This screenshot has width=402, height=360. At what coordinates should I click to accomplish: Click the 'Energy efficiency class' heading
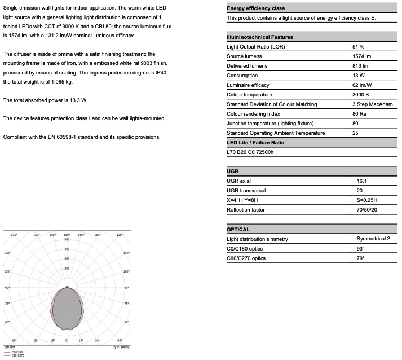[x=255, y=8]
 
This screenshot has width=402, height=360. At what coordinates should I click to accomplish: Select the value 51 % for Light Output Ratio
[x=358, y=46]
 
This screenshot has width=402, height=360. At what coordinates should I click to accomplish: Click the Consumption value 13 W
[x=358, y=76]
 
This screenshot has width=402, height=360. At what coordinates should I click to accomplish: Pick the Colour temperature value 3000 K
[x=361, y=95]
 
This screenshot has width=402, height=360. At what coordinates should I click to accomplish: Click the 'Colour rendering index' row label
[x=253, y=114]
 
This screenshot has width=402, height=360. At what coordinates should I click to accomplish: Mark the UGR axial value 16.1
[x=362, y=181]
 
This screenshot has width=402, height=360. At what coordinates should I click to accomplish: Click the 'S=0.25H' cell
[x=367, y=200]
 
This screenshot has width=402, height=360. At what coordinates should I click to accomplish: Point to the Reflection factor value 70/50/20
[x=367, y=210]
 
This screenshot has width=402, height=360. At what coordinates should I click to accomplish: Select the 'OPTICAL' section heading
[x=238, y=230]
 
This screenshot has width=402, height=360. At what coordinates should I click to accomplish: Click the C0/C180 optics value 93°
[x=361, y=249]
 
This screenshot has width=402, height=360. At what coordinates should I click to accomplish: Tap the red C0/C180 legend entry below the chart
[x=16, y=352]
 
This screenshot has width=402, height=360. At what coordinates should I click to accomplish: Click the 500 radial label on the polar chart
[x=67, y=240]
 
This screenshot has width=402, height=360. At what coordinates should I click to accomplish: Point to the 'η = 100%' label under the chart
[x=121, y=347]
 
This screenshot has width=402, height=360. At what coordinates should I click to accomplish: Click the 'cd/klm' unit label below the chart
[x=9, y=347]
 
